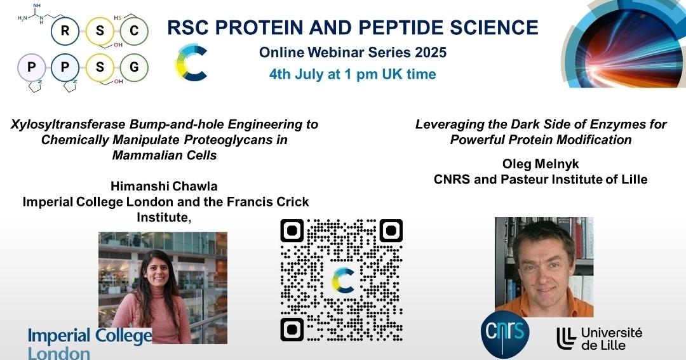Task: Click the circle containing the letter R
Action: (65, 30)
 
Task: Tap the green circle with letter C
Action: (134, 30)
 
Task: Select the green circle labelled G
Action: (134, 67)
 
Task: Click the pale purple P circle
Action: (32, 67)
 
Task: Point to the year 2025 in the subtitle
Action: (431, 53)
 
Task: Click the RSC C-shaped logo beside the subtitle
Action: (191, 62)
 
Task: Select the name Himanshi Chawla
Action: (164, 186)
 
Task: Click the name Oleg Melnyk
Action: (541, 164)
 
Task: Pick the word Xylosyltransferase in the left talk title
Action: (68, 124)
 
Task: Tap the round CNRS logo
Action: (505, 334)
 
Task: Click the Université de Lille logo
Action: (600, 338)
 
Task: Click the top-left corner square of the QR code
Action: (292, 230)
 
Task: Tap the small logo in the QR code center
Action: (343, 281)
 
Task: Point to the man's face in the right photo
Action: (544, 268)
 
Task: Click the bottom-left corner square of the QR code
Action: (292, 330)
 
